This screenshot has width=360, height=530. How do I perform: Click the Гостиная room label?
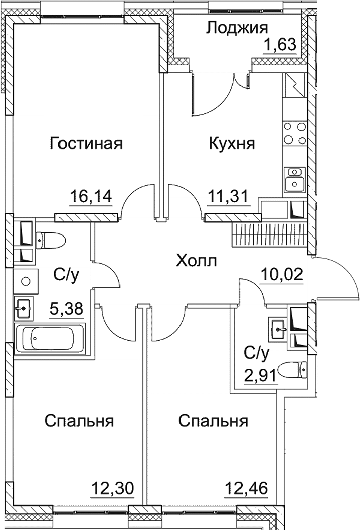tap(86, 144)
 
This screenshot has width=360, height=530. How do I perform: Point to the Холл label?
tap(197, 261)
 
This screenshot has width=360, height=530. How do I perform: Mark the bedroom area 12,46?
tap(246, 488)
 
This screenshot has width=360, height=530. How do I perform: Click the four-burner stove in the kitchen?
tap(294, 133)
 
